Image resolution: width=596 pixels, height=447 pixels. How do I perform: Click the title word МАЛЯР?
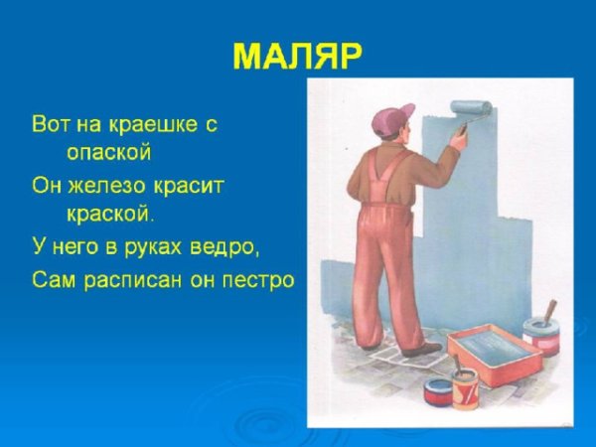(x=297, y=56)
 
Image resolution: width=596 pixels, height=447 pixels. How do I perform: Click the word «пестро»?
(x=262, y=280)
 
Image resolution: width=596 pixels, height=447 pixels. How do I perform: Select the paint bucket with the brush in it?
(x=540, y=334)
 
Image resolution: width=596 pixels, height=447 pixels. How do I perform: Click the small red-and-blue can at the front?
(x=437, y=389)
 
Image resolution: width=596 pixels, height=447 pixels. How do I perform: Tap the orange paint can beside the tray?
(x=465, y=385)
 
